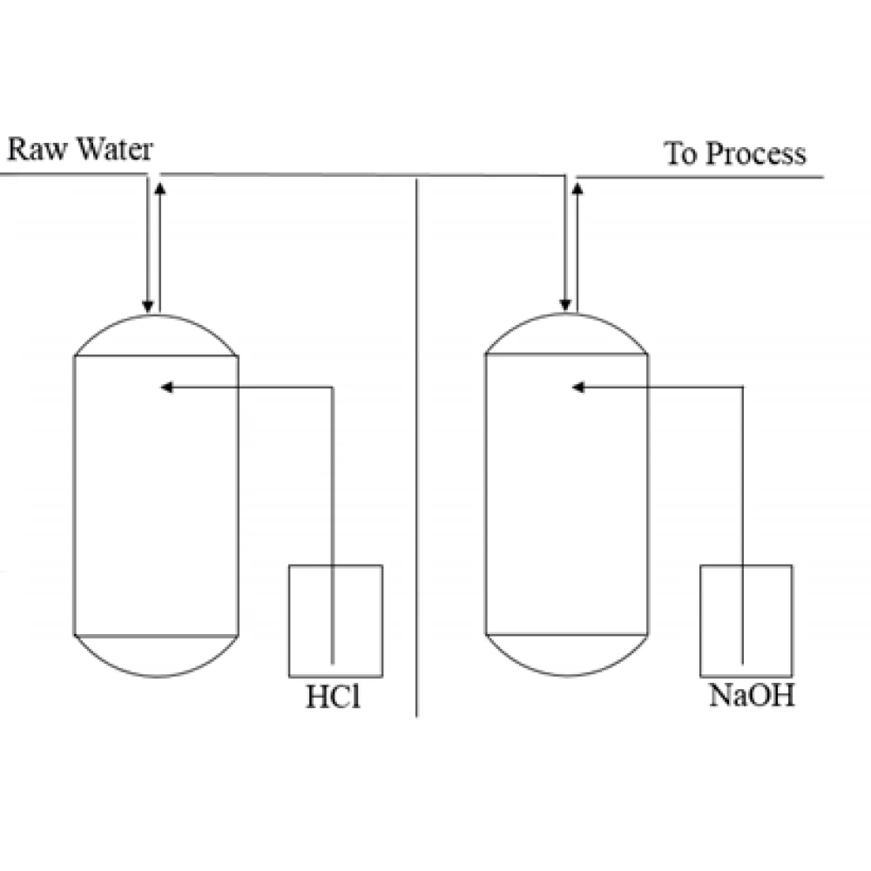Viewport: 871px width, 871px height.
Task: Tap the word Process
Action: coord(755,154)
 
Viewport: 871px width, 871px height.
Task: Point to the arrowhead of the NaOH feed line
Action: coord(577,387)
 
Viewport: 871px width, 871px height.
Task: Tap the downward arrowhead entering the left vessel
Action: coord(148,306)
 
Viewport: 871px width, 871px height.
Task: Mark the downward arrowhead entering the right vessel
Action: coord(566,305)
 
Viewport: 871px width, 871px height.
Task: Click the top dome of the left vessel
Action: coord(156,336)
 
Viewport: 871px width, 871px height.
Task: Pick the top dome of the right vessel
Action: coord(566,335)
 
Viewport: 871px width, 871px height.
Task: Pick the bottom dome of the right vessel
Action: coord(566,654)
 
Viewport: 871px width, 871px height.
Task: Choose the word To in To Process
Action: coord(681,154)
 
